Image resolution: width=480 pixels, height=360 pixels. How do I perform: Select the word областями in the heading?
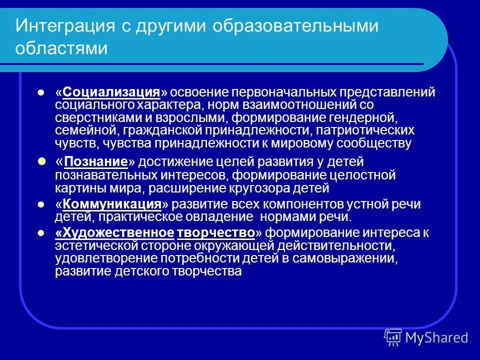[x=61, y=48]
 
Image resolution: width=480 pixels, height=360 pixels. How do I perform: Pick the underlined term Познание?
[x=95, y=162]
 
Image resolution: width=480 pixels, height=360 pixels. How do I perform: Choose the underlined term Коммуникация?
[x=112, y=204]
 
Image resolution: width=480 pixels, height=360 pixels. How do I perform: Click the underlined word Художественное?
[x=115, y=233]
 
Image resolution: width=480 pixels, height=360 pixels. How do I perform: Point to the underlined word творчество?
[x=215, y=233]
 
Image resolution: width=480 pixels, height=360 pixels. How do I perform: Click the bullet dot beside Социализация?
[x=42, y=93]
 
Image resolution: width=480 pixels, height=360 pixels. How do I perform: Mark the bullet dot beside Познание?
[x=42, y=162]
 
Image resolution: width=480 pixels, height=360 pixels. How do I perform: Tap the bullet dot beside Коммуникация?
[x=42, y=204]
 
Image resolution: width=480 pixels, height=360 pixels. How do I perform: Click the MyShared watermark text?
[x=436, y=337]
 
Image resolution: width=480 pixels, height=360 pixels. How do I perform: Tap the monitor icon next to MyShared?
[x=393, y=337]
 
